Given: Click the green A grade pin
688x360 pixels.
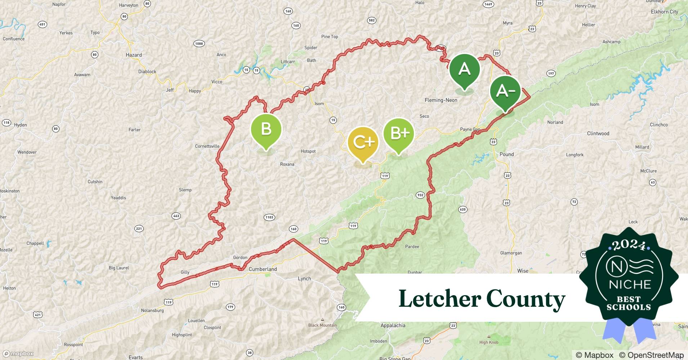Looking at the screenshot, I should pyautogui.click(x=465, y=69).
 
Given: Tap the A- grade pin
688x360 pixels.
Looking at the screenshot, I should pyautogui.click(x=505, y=91).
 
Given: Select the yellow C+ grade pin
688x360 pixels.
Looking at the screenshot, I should pyautogui.click(x=363, y=142).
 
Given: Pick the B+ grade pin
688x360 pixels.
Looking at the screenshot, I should pyautogui.click(x=399, y=134).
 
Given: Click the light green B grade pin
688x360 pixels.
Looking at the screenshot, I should pyautogui.click(x=266, y=129).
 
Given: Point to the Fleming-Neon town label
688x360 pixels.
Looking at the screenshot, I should pyautogui.click(x=441, y=100).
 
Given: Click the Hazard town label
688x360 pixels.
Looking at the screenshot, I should pyautogui.click(x=134, y=55).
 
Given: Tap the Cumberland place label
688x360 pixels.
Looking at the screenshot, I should pyautogui.click(x=263, y=269).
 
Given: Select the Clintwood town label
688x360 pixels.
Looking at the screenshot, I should pyautogui.click(x=598, y=133).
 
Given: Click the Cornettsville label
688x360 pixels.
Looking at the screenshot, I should pyautogui.click(x=207, y=146).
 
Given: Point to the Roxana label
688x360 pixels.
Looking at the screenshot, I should pyautogui.click(x=287, y=164).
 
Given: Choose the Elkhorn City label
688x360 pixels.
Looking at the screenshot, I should pyautogui.click(x=664, y=12).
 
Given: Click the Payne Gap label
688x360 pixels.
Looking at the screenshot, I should pyautogui.click(x=470, y=129).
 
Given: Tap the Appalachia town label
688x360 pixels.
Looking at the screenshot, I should pyautogui.click(x=393, y=325).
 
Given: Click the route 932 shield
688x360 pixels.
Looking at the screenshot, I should pyautogui.click(x=420, y=195).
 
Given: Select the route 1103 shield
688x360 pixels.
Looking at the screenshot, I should pyautogui.click(x=269, y=217).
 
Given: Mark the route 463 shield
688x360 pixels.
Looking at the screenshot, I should pyautogui.click(x=176, y=216).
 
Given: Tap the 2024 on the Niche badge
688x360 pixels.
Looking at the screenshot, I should pyautogui.click(x=629, y=245).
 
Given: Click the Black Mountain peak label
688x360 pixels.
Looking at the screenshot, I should pyautogui.click(x=322, y=325).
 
